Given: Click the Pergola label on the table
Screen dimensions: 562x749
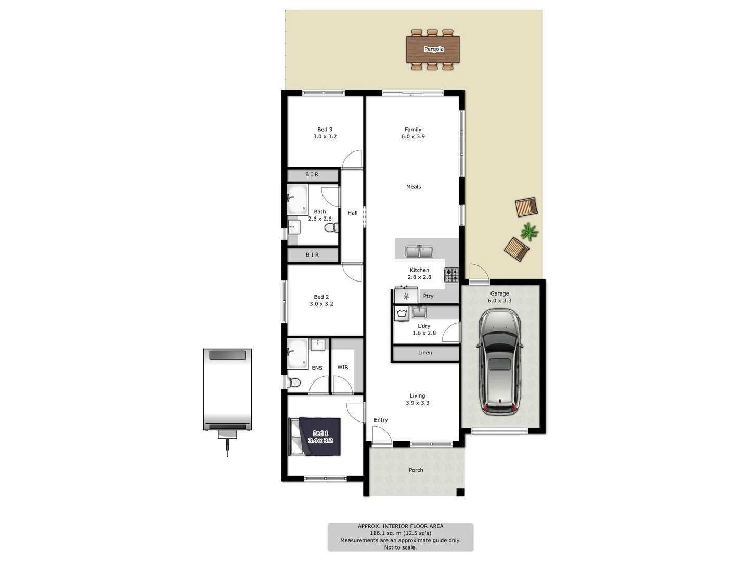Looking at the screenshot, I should point(434,49).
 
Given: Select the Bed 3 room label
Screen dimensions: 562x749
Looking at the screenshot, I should point(325,130).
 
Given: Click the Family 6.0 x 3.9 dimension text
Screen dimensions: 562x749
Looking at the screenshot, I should point(413,137).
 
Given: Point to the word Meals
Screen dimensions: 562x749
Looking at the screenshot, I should point(414,187).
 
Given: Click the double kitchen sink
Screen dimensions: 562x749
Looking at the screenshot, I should point(419,251).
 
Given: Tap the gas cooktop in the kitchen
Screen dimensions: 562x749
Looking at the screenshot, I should point(451,275).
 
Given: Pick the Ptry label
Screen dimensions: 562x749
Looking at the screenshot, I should point(428,296).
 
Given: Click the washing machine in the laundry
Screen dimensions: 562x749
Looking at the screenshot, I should point(402,313).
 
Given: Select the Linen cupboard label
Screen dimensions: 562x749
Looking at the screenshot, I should point(425,353).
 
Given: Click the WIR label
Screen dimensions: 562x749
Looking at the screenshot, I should point(343,367).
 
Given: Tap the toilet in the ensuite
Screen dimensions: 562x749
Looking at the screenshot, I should point(293,382).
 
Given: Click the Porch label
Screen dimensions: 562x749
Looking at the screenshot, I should point(416,470).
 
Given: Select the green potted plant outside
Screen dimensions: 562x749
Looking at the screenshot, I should point(529,232).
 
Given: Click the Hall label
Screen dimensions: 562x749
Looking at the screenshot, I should point(353,213).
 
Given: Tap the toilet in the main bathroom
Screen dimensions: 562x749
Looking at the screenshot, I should point(331,227).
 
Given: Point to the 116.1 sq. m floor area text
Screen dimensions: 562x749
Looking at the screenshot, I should point(401,533).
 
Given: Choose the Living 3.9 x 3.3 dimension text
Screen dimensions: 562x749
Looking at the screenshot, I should point(418,403).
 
